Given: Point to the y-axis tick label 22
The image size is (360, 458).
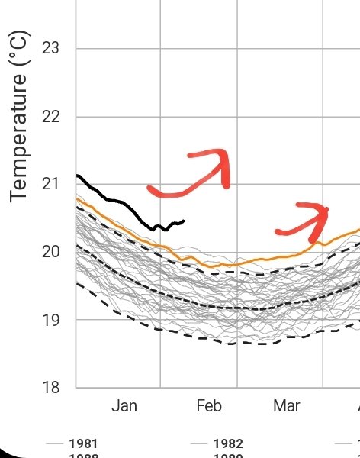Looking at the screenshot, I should (x=50, y=117).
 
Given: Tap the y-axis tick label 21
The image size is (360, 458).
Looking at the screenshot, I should (x=50, y=184).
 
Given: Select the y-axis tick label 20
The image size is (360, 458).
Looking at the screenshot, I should (x=50, y=252).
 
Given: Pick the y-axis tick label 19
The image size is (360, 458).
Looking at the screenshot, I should (x=50, y=320).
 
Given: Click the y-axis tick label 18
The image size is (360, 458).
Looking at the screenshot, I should (x=50, y=388).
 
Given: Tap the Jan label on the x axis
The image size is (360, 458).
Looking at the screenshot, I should (x=124, y=406).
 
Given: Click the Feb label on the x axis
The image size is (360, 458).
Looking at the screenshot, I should (x=208, y=406).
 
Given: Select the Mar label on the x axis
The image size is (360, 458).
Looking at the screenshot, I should (x=287, y=406).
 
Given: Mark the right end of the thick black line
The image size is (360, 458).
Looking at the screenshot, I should (x=183, y=221).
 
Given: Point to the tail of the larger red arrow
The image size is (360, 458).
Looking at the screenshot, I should (x=151, y=189).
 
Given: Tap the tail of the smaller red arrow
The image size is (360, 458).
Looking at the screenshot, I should (x=279, y=231).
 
